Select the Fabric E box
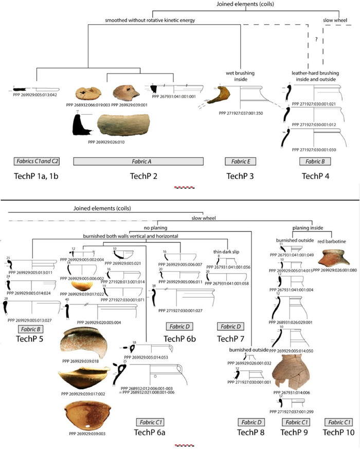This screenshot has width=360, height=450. (240, 161)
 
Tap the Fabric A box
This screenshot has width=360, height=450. (139, 161)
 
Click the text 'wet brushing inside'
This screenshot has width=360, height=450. (241, 76)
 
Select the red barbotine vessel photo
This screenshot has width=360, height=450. (333, 258)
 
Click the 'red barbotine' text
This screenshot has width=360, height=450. (332, 240)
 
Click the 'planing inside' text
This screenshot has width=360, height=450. (307, 227)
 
